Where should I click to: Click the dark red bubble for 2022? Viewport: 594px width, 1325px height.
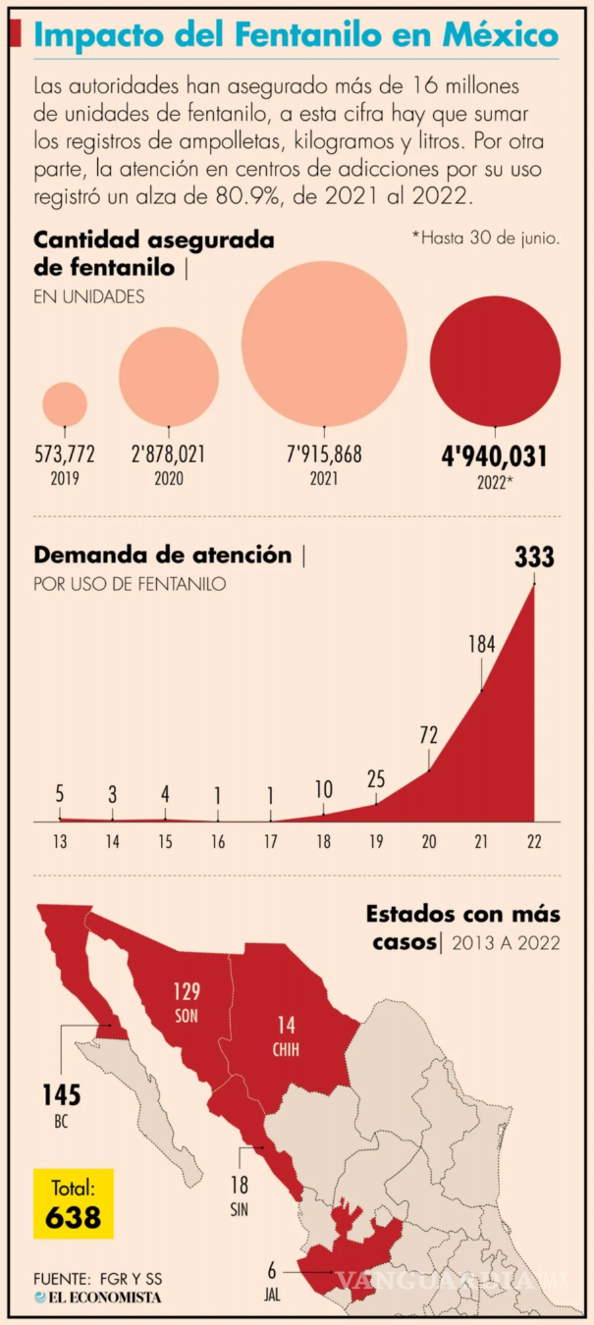pyautogui.click(x=495, y=360)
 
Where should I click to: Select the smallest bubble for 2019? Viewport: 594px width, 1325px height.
pyautogui.click(x=65, y=404)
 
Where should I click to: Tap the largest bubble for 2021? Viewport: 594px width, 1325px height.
pyautogui.click(x=324, y=344)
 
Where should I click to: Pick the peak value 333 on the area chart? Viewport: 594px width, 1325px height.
pyautogui.click(x=534, y=558)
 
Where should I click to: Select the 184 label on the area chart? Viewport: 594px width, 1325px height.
pyautogui.click(x=481, y=645)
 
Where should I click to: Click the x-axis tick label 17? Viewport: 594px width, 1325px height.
pyautogui.click(x=270, y=841)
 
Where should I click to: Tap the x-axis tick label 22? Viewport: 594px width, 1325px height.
pyautogui.click(x=534, y=841)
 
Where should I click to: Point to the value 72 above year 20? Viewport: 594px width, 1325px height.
pyautogui.click(x=428, y=735)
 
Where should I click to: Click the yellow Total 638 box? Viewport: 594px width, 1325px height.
pyautogui.click(x=74, y=1202)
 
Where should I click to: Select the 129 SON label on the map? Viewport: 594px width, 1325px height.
pyautogui.click(x=187, y=998)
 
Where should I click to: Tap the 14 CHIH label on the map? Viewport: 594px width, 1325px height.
pyautogui.click(x=286, y=1034)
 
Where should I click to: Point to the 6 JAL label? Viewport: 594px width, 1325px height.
pyautogui.click(x=272, y=1278)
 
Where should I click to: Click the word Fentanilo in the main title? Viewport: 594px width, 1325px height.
pyautogui.click(x=317, y=36)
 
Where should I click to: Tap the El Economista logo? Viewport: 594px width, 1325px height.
pyautogui.click(x=97, y=1297)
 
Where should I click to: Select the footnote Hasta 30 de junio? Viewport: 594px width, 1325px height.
pyautogui.click(x=486, y=238)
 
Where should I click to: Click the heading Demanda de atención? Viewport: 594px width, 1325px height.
pyautogui.click(x=163, y=556)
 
